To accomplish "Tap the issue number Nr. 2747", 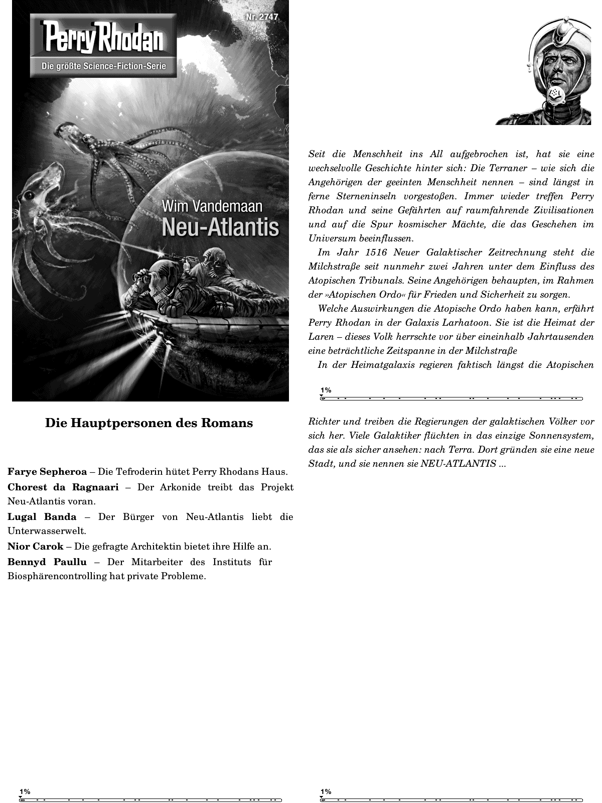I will point(262,18).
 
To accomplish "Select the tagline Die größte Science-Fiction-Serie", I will point(103,67).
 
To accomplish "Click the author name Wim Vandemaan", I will point(212,206).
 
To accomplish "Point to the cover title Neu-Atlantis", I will point(220,227).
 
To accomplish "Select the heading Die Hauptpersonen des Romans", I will point(149,423).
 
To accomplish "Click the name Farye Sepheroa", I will point(47,472).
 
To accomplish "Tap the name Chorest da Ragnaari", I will point(63,487).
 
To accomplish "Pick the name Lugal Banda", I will point(42,516).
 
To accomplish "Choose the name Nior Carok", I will point(35,546).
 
